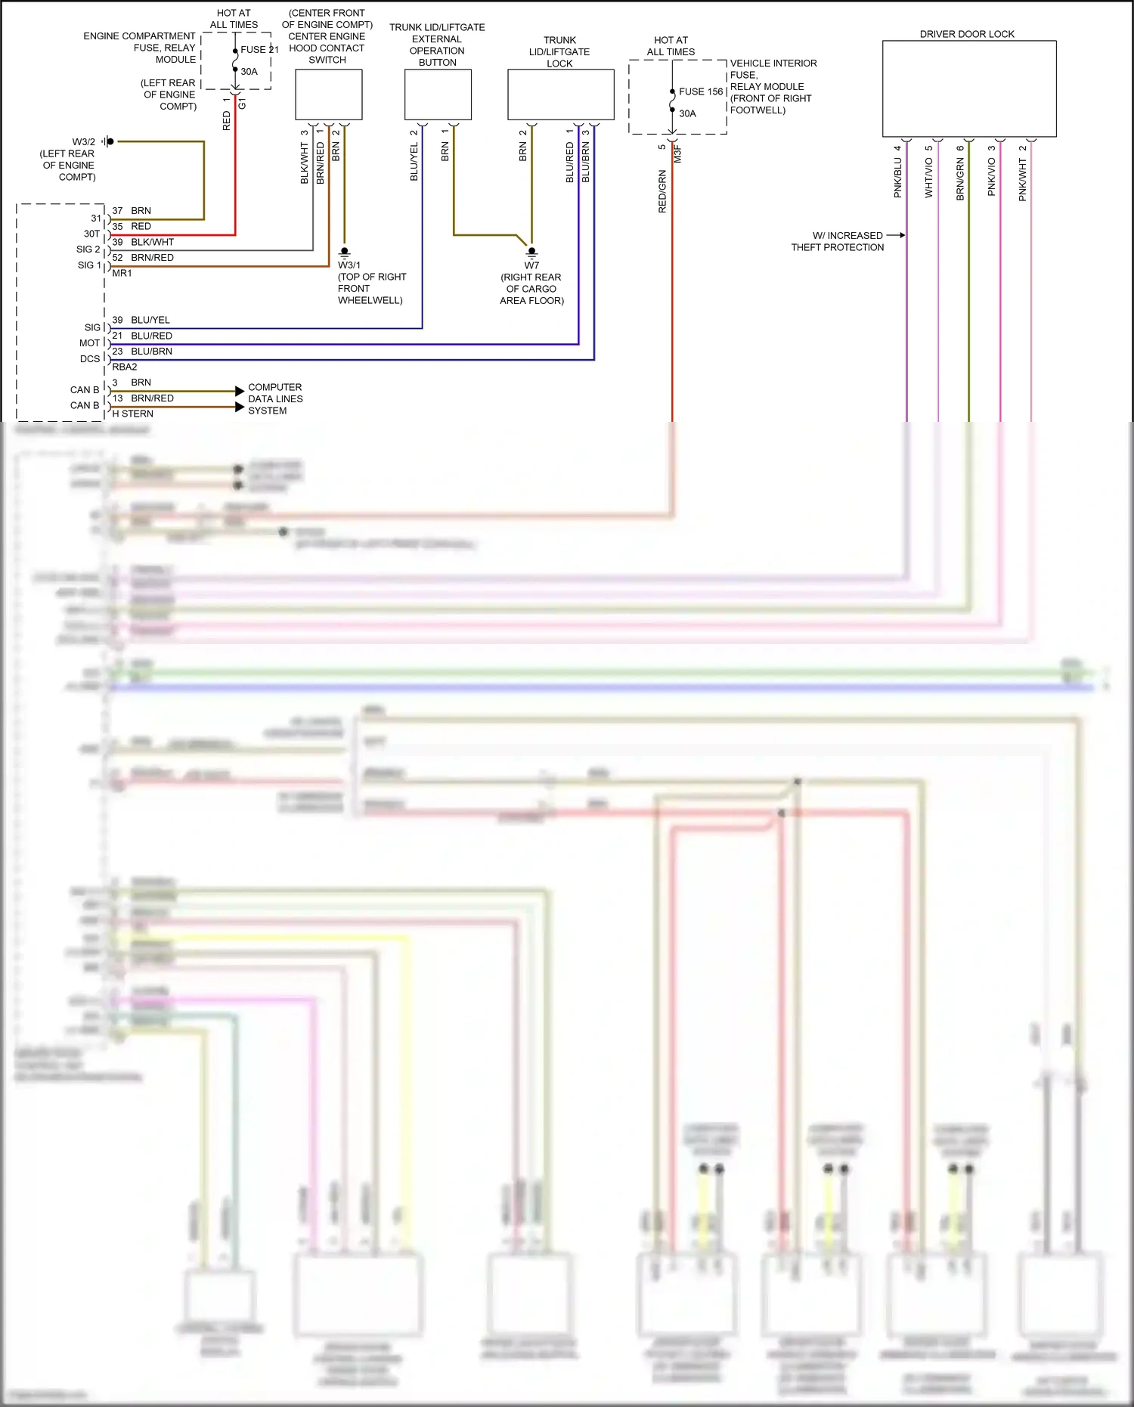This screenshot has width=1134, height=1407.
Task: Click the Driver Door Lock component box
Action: coord(968,88)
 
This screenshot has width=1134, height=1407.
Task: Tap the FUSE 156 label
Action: coord(701,91)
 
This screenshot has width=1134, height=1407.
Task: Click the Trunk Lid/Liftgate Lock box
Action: coord(560,95)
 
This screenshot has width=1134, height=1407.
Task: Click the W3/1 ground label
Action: coord(349,265)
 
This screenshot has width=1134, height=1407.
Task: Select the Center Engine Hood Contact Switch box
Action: coord(328,95)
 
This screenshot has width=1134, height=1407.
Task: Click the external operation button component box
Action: coord(438,95)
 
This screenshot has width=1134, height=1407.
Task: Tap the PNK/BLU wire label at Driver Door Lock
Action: coord(898,178)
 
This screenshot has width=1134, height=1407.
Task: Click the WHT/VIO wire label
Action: coord(929,178)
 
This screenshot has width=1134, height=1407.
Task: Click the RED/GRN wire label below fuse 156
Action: coord(662,191)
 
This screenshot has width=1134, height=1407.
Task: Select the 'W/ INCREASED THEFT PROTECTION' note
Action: coord(837,241)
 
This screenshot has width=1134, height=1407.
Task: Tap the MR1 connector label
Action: coord(122,274)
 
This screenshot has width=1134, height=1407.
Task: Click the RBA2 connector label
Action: coord(125,367)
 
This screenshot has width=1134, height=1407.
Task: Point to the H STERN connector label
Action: coord(132,414)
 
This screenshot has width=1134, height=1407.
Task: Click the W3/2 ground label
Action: coord(83,142)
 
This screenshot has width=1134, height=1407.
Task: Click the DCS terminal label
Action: coord(89,359)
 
